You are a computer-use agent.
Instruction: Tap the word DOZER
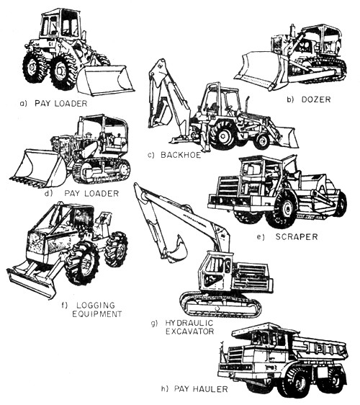pyautogui.click(x=317, y=99)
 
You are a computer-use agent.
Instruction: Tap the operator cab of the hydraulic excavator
pyautogui.click(x=217, y=270)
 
